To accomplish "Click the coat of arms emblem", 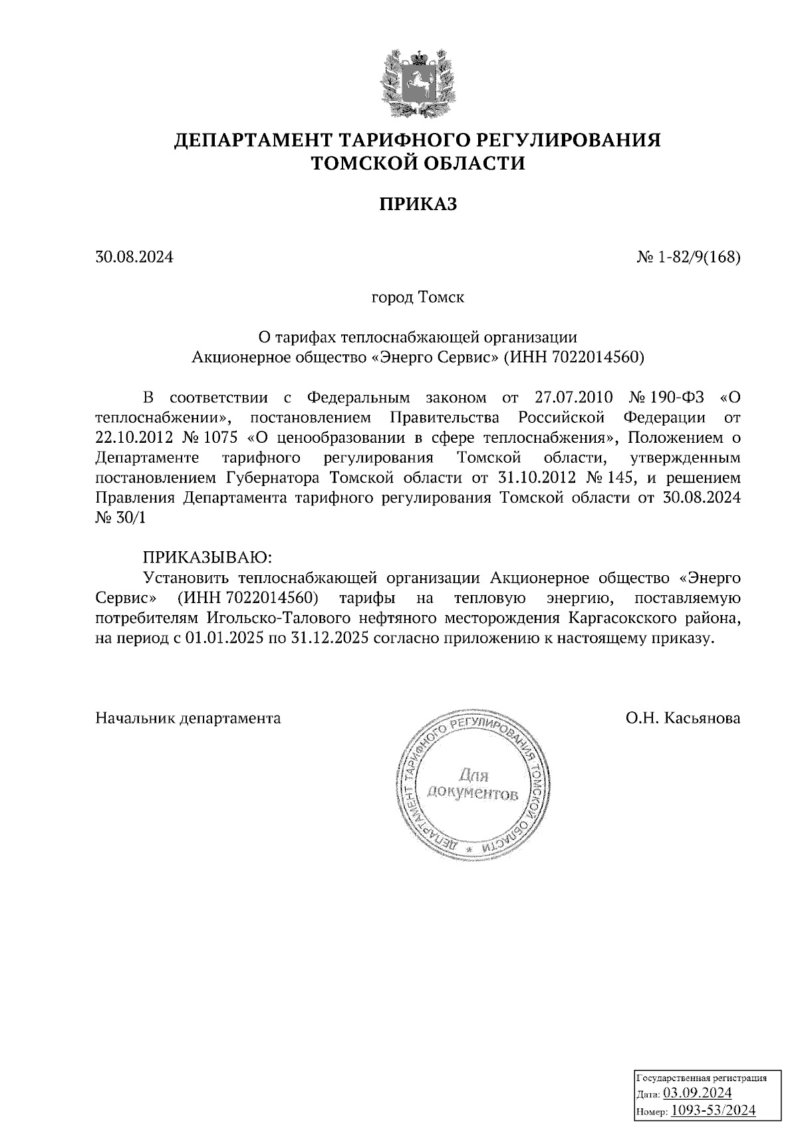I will [x=418, y=82].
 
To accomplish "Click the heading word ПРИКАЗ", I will [x=418, y=204].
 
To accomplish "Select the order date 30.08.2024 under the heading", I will [x=134, y=256].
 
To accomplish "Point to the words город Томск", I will [x=418, y=297].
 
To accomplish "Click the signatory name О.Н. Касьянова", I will [x=682, y=718].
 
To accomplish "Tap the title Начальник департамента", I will [x=188, y=718].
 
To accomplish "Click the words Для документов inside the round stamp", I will [x=473, y=785].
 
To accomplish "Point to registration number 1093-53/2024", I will [x=712, y=1110].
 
